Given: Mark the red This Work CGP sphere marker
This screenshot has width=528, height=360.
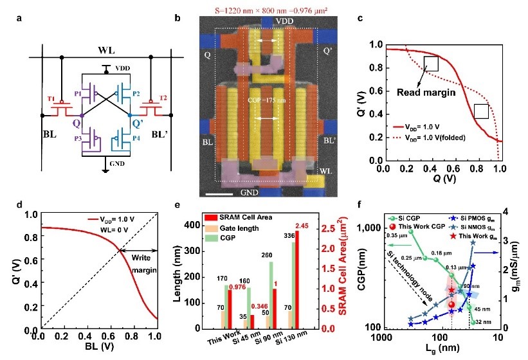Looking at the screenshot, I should point(452,304).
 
